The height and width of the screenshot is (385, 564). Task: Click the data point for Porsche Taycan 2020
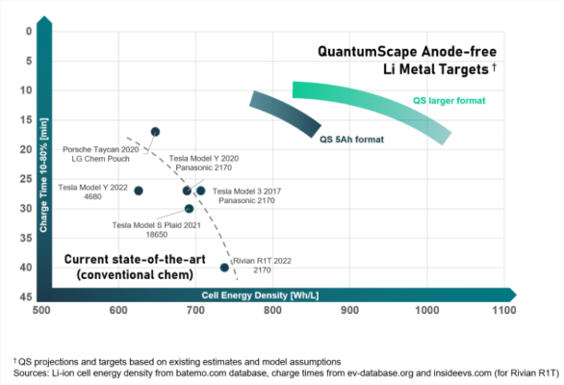[155, 132]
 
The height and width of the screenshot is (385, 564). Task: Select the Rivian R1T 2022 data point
[224, 268]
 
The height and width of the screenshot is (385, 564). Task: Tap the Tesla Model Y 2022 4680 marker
[139, 191]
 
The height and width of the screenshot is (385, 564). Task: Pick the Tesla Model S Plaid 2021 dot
[189, 209]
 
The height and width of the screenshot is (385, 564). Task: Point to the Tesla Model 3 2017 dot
[200, 191]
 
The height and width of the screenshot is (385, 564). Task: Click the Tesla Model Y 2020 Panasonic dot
[187, 191]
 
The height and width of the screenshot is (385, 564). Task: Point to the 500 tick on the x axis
[41, 312]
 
